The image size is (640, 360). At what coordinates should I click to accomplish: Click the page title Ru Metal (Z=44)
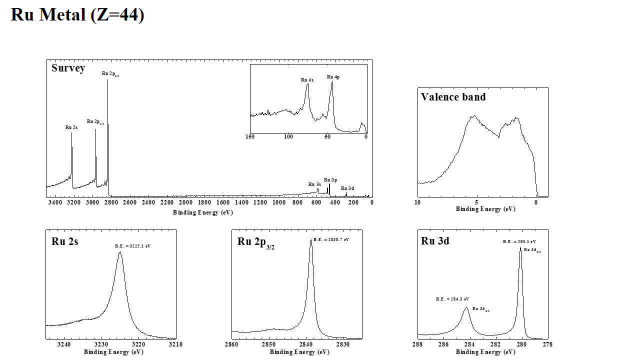click(77, 14)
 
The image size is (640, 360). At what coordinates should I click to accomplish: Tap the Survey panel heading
click(68, 68)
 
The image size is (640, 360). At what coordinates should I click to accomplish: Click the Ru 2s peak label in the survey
click(71, 127)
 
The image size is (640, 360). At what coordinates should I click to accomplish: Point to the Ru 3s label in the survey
click(314, 184)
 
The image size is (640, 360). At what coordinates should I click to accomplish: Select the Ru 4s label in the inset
click(307, 80)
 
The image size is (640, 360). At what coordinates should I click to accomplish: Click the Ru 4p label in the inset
click(333, 77)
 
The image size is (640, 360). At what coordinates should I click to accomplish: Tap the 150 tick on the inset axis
click(250, 136)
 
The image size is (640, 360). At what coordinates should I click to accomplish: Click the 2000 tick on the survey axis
click(185, 202)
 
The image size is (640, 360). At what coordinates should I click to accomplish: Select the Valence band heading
click(453, 97)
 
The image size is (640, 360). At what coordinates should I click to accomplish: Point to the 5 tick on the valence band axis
click(476, 202)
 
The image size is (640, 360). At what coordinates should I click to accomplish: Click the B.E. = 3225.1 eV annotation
click(132, 246)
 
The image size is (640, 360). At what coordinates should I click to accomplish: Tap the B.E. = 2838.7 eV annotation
click(331, 239)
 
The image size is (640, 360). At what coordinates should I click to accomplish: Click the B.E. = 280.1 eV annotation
click(519, 241)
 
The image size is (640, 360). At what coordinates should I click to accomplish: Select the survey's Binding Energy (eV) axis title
click(203, 212)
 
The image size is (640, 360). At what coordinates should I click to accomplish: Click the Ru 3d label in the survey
click(347, 188)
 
